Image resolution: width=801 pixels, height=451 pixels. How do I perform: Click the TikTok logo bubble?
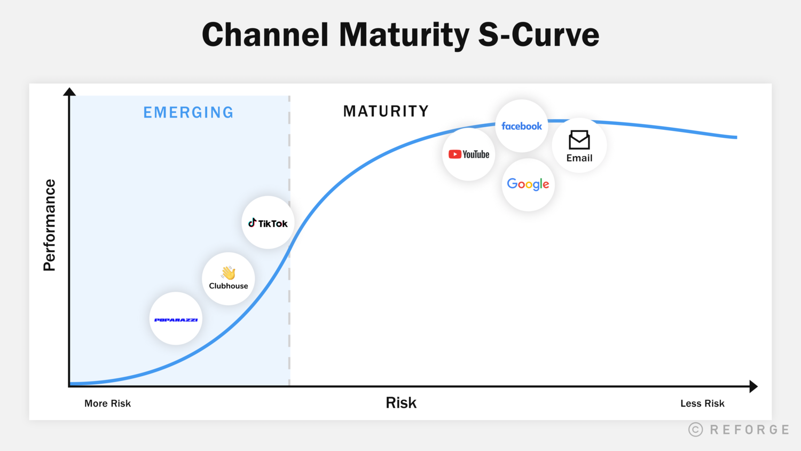[x=268, y=223]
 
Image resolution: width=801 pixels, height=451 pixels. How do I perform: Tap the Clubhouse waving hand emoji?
[x=229, y=273]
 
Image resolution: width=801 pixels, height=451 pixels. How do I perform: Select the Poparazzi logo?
[x=176, y=320]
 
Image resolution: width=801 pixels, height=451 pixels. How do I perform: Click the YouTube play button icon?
[x=455, y=154]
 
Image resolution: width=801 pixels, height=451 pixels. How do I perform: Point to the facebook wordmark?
[x=522, y=126]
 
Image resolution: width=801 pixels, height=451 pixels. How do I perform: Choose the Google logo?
[x=528, y=184]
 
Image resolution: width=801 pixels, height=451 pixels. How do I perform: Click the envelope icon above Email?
[x=579, y=140]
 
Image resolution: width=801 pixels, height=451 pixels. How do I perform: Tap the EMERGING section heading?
[x=189, y=112]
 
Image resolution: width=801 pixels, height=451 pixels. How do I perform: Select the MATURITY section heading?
[x=386, y=111]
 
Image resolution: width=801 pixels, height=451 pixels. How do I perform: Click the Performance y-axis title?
[x=50, y=225]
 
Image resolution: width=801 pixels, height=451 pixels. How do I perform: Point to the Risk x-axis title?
[x=401, y=403]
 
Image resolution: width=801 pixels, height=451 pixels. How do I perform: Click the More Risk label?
[x=107, y=403]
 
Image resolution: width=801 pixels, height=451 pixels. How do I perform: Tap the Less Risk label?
[x=702, y=403]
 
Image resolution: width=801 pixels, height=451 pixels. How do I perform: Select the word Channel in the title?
[x=265, y=35]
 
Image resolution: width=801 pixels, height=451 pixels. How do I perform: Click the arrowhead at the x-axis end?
[x=753, y=386]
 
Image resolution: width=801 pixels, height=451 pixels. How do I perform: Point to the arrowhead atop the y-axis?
[x=69, y=92]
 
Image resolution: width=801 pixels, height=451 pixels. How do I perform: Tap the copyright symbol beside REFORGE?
[x=695, y=430]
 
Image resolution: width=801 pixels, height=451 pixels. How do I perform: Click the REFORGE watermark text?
[x=750, y=430]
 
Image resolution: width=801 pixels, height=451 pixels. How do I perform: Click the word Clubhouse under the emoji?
[x=229, y=286]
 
